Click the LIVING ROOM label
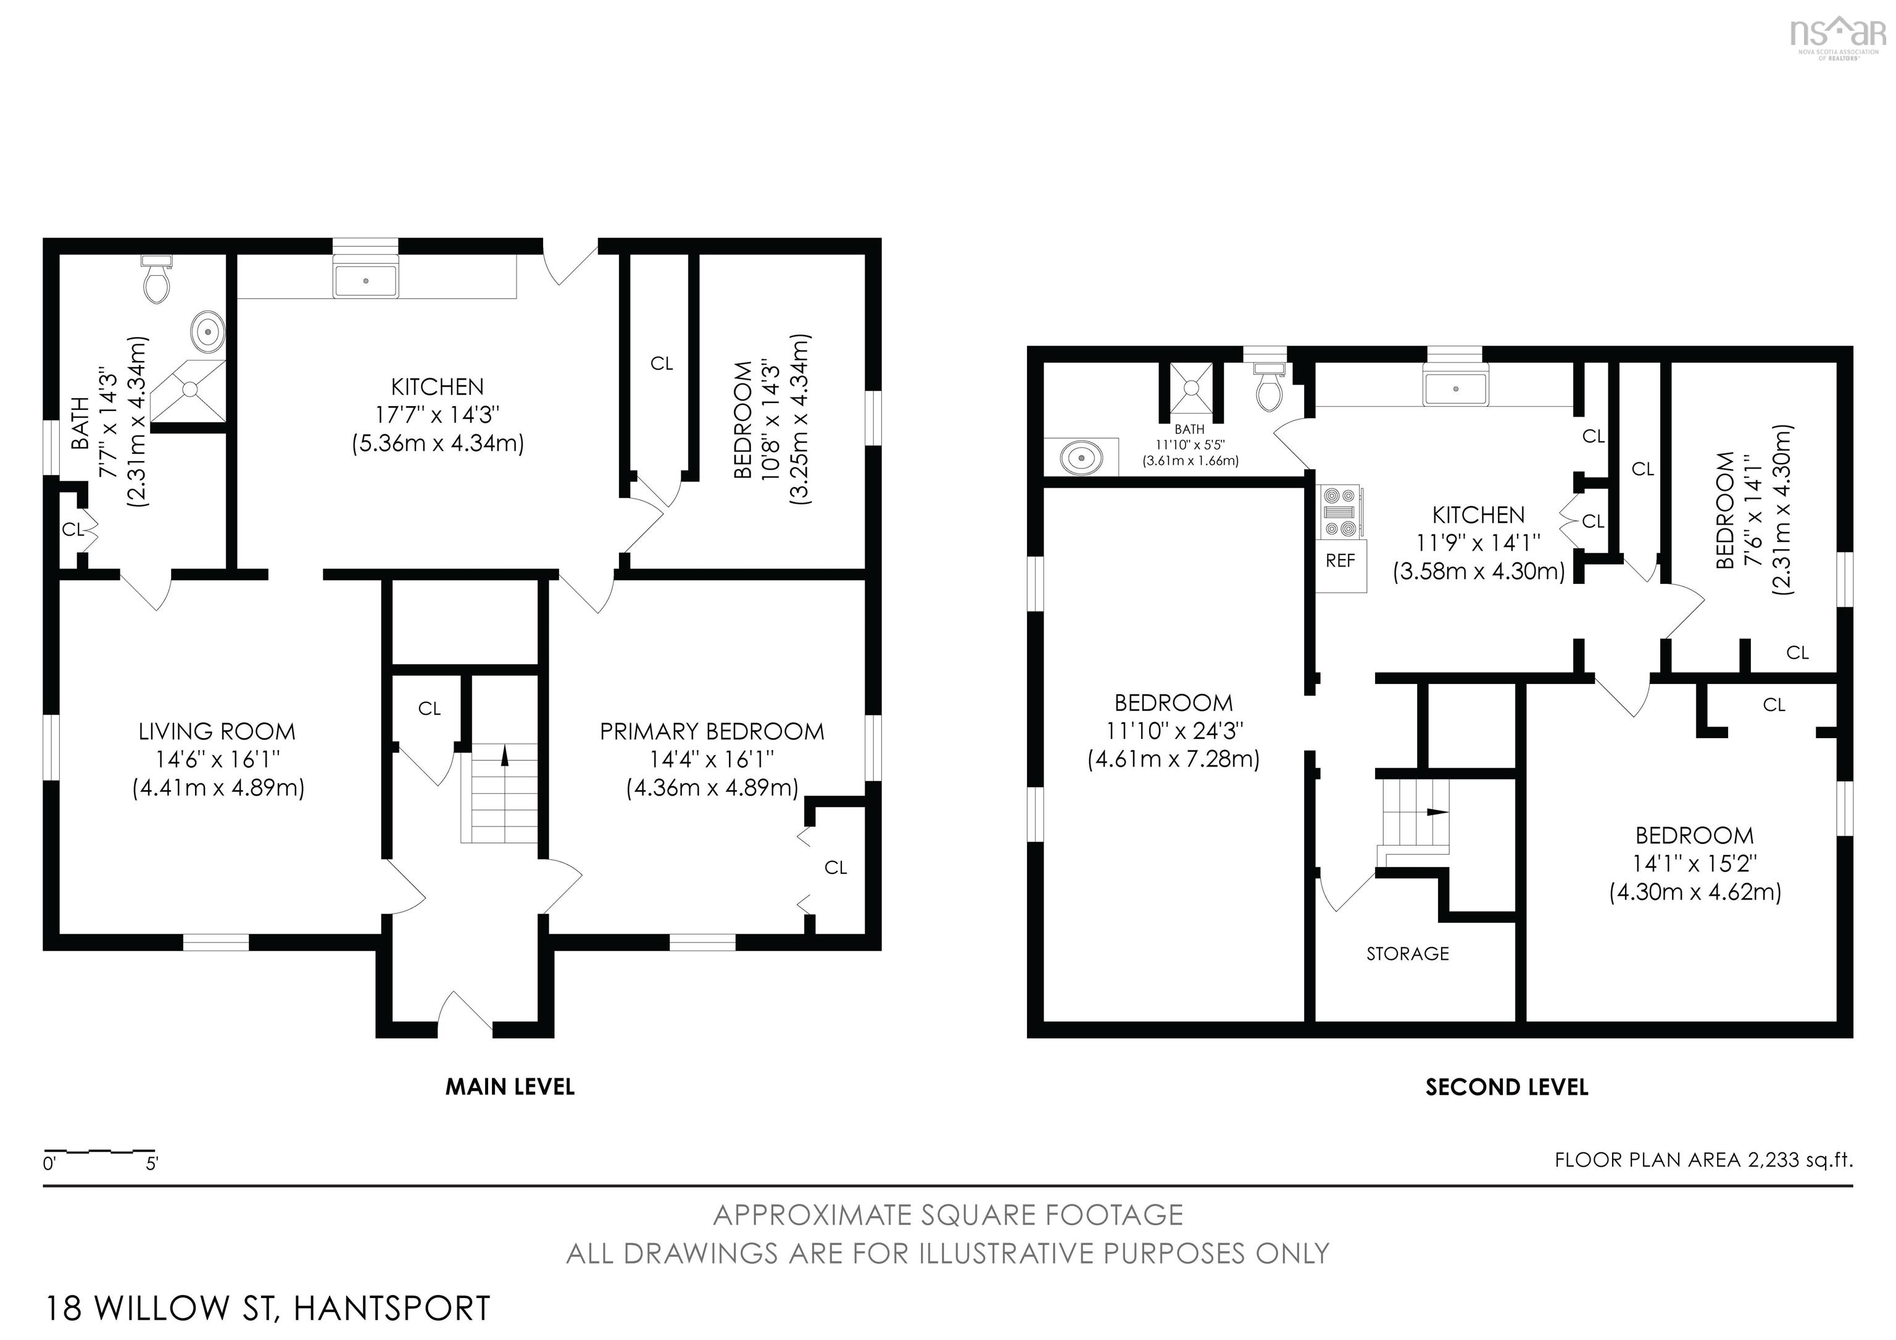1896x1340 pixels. coord(217,731)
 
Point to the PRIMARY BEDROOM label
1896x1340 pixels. coord(712,731)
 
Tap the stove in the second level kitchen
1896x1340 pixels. coord(1341,512)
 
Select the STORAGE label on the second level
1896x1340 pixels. coord(1408,954)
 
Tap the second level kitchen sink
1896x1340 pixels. coord(1455,388)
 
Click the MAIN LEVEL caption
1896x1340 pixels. coord(510,1086)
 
